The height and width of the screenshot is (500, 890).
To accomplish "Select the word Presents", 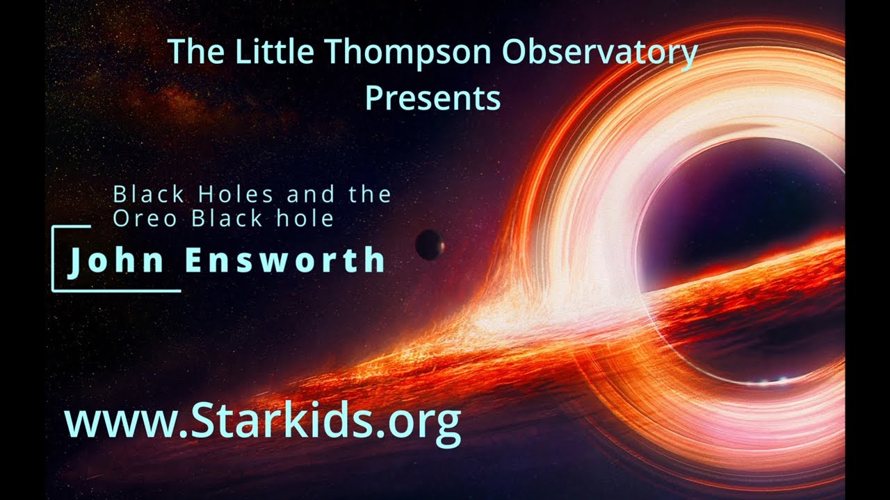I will point(432,99).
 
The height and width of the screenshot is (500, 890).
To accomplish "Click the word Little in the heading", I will point(268,53).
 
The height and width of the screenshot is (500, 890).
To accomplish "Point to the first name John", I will point(116,260).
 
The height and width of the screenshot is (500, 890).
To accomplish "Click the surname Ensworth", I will point(285,260).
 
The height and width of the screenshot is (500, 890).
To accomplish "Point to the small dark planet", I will point(430,244).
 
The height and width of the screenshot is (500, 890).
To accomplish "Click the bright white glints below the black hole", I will point(773,381).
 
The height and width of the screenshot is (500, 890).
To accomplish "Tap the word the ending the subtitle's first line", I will point(370,194).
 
